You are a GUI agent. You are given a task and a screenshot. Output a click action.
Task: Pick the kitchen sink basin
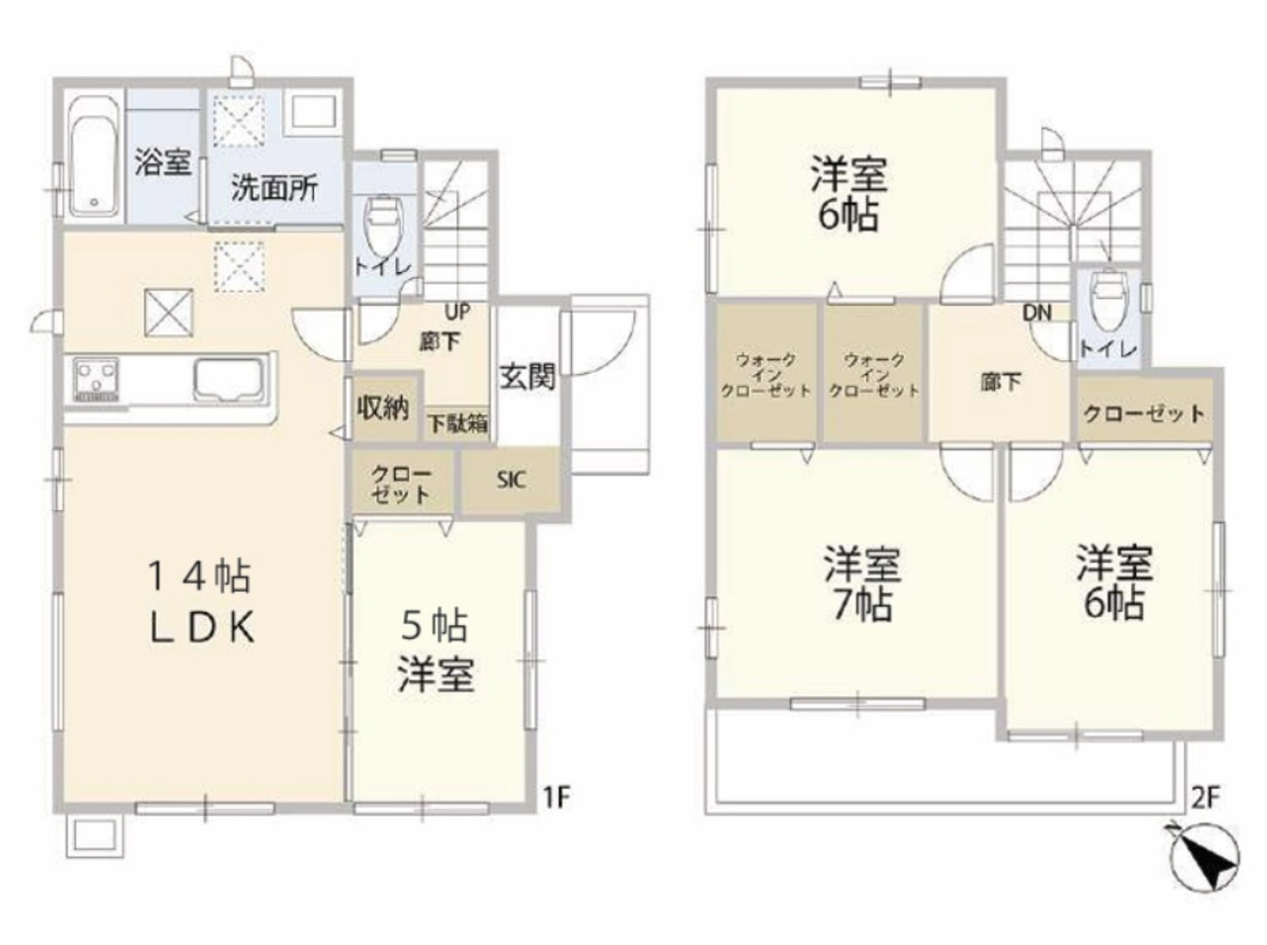(x=230, y=380)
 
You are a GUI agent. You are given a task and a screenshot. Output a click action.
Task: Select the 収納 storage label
(x=383, y=409)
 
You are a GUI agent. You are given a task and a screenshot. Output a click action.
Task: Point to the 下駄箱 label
(x=457, y=425)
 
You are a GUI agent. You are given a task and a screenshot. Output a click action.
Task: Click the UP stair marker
(x=457, y=312)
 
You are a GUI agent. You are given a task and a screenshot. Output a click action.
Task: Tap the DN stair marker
(x=1037, y=313)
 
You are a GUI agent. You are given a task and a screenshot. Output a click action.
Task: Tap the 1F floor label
(x=557, y=798)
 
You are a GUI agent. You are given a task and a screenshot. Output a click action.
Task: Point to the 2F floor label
(x=1206, y=799)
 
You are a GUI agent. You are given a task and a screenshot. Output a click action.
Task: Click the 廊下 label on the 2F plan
(x=1001, y=382)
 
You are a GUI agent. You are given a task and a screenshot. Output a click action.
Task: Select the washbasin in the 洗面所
(x=312, y=113)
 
